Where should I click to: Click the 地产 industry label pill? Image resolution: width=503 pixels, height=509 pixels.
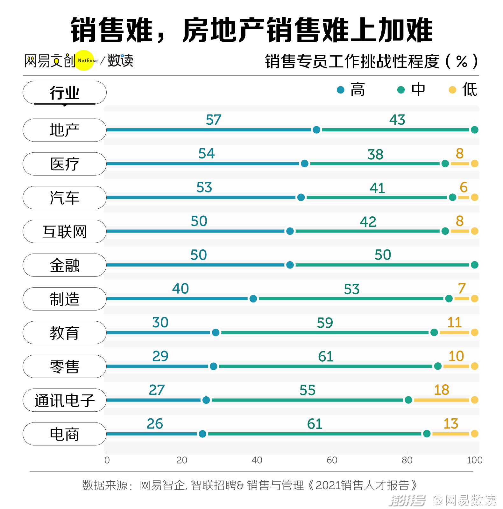pyautogui.click(x=64, y=130)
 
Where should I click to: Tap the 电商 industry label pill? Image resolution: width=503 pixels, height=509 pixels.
pyautogui.click(x=64, y=434)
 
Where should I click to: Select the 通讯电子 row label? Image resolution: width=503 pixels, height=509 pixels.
pyautogui.click(x=64, y=400)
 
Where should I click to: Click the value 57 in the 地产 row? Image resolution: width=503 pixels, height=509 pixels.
pyautogui.click(x=213, y=120)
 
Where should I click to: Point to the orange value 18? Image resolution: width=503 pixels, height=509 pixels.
pyautogui.click(x=441, y=390)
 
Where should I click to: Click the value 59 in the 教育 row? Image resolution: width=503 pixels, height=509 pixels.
pyautogui.click(x=325, y=323)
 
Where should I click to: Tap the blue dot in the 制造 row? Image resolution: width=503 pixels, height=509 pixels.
pyautogui.click(x=253, y=299)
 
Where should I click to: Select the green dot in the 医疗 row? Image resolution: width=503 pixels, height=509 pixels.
pyautogui.click(x=445, y=164)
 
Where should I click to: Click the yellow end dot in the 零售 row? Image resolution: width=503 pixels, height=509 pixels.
pyautogui.click(x=474, y=366)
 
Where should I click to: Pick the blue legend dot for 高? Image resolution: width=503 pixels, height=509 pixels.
pyautogui.click(x=340, y=90)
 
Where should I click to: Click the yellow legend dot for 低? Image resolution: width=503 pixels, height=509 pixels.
pyautogui.click(x=452, y=90)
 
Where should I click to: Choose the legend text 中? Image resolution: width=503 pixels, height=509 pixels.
pyautogui.click(x=418, y=89)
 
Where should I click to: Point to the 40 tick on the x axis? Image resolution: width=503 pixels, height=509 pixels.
pyautogui.click(x=257, y=460)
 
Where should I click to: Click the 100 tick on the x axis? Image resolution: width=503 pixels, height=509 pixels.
pyautogui.click(x=474, y=460)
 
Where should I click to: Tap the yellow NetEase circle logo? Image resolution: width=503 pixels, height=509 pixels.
pyautogui.click(x=84, y=60)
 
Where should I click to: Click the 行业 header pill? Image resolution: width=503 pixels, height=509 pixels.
pyautogui.click(x=64, y=93)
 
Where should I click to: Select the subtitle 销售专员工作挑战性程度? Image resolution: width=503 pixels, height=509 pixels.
pyautogui.click(x=352, y=61)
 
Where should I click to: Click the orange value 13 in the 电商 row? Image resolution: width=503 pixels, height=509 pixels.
pyautogui.click(x=450, y=424)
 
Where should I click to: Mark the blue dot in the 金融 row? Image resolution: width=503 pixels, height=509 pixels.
pyautogui.click(x=290, y=265)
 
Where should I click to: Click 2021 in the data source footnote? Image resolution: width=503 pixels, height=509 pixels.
pyautogui.click(x=328, y=485)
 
